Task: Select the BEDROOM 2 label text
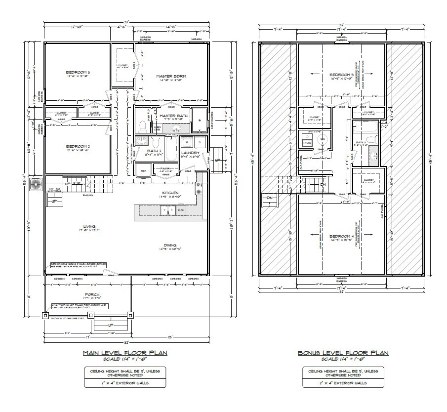point(78,146)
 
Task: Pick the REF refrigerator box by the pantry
point(144,171)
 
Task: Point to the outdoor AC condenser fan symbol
point(36,185)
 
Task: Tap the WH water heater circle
point(322,140)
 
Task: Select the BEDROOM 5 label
point(341,75)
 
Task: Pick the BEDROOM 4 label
point(341,236)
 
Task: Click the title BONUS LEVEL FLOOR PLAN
point(342,353)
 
